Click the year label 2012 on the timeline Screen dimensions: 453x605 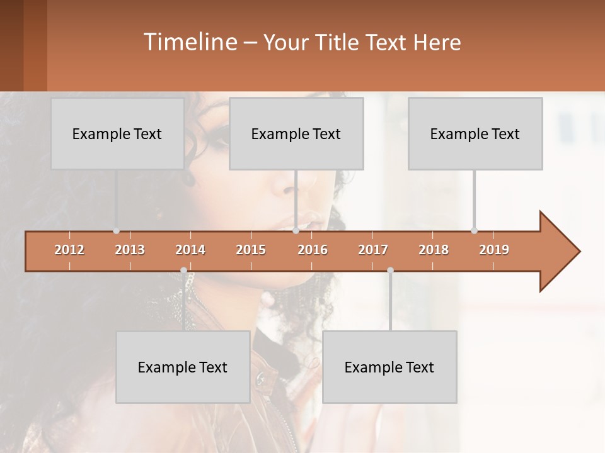tap(69, 250)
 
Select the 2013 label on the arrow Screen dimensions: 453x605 tap(130, 250)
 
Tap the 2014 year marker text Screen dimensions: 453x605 tap(190, 250)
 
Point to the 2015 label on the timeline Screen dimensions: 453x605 tap(251, 250)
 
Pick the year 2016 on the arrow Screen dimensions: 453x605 tap(313, 250)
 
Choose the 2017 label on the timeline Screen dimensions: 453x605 tap(373, 250)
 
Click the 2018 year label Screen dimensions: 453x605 tap(434, 250)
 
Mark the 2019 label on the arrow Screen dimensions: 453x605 tap(494, 250)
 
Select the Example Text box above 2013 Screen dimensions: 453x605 tap(117, 133)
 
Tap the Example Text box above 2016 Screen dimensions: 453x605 tap(296, 133)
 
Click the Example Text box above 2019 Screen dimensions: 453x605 tap(475, 133)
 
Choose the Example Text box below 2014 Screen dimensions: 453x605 tap(183, 367)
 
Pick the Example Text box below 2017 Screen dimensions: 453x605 tap(389, 367)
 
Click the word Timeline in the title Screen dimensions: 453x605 tap(189, 42)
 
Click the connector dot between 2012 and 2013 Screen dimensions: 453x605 tap(116, 231)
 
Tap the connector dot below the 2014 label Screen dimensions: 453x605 tap(183, 271)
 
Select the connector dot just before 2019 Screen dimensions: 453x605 tap(474, 231)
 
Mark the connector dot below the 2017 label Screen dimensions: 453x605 tap(390, 271)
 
